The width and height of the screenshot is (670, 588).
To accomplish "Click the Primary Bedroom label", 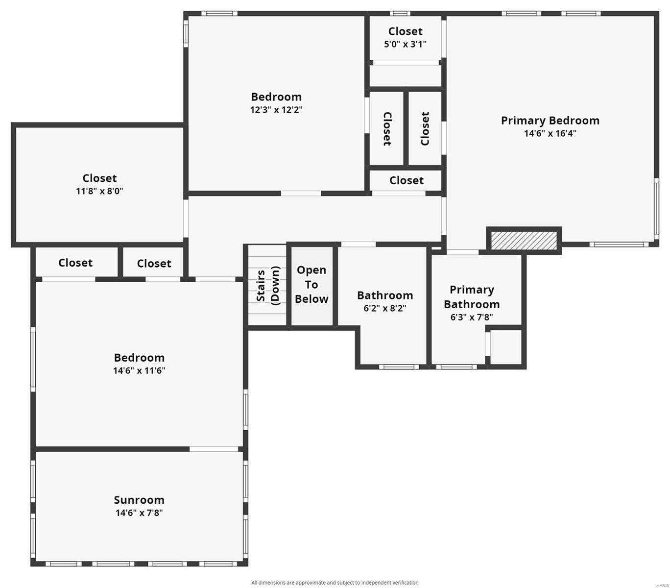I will click(x=550, y=121).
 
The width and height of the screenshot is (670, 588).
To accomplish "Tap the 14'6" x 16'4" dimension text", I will click(x=550, y=133).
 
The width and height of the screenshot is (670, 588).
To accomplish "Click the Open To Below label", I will click(x=311, y=285).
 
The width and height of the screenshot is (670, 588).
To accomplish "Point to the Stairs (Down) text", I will click(x=268, y=285).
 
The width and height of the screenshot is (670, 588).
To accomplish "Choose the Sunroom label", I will click(x=139, y=500).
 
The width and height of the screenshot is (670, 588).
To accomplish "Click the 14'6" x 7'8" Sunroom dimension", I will click(x=139, y=513).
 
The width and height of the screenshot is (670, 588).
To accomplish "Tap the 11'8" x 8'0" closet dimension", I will click(x=99, y=191).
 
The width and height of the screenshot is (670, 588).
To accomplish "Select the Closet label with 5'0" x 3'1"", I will click(x=405, y=31).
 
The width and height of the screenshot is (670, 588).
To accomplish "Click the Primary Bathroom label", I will click(x=472, y=297).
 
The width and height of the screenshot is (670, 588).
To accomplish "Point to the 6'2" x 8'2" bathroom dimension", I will click(x=384, y=308).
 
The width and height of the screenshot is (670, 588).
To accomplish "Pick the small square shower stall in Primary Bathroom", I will click(x=506, y=347).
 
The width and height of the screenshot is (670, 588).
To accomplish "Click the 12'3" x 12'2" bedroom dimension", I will click(x=276, y=110).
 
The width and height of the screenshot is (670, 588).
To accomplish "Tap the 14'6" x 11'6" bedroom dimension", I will click(x=139, y=370).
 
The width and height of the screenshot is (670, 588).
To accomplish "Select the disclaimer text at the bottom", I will click(x=335, y=583).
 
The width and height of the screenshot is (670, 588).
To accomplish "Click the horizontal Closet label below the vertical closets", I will click(x=406, y=180).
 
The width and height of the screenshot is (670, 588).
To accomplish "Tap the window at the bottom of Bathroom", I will click(x=398, y=367).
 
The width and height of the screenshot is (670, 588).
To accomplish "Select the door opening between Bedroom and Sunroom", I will click(x=214, y=449).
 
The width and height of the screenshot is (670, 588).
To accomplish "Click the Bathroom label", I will click(x=384, y=295).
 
